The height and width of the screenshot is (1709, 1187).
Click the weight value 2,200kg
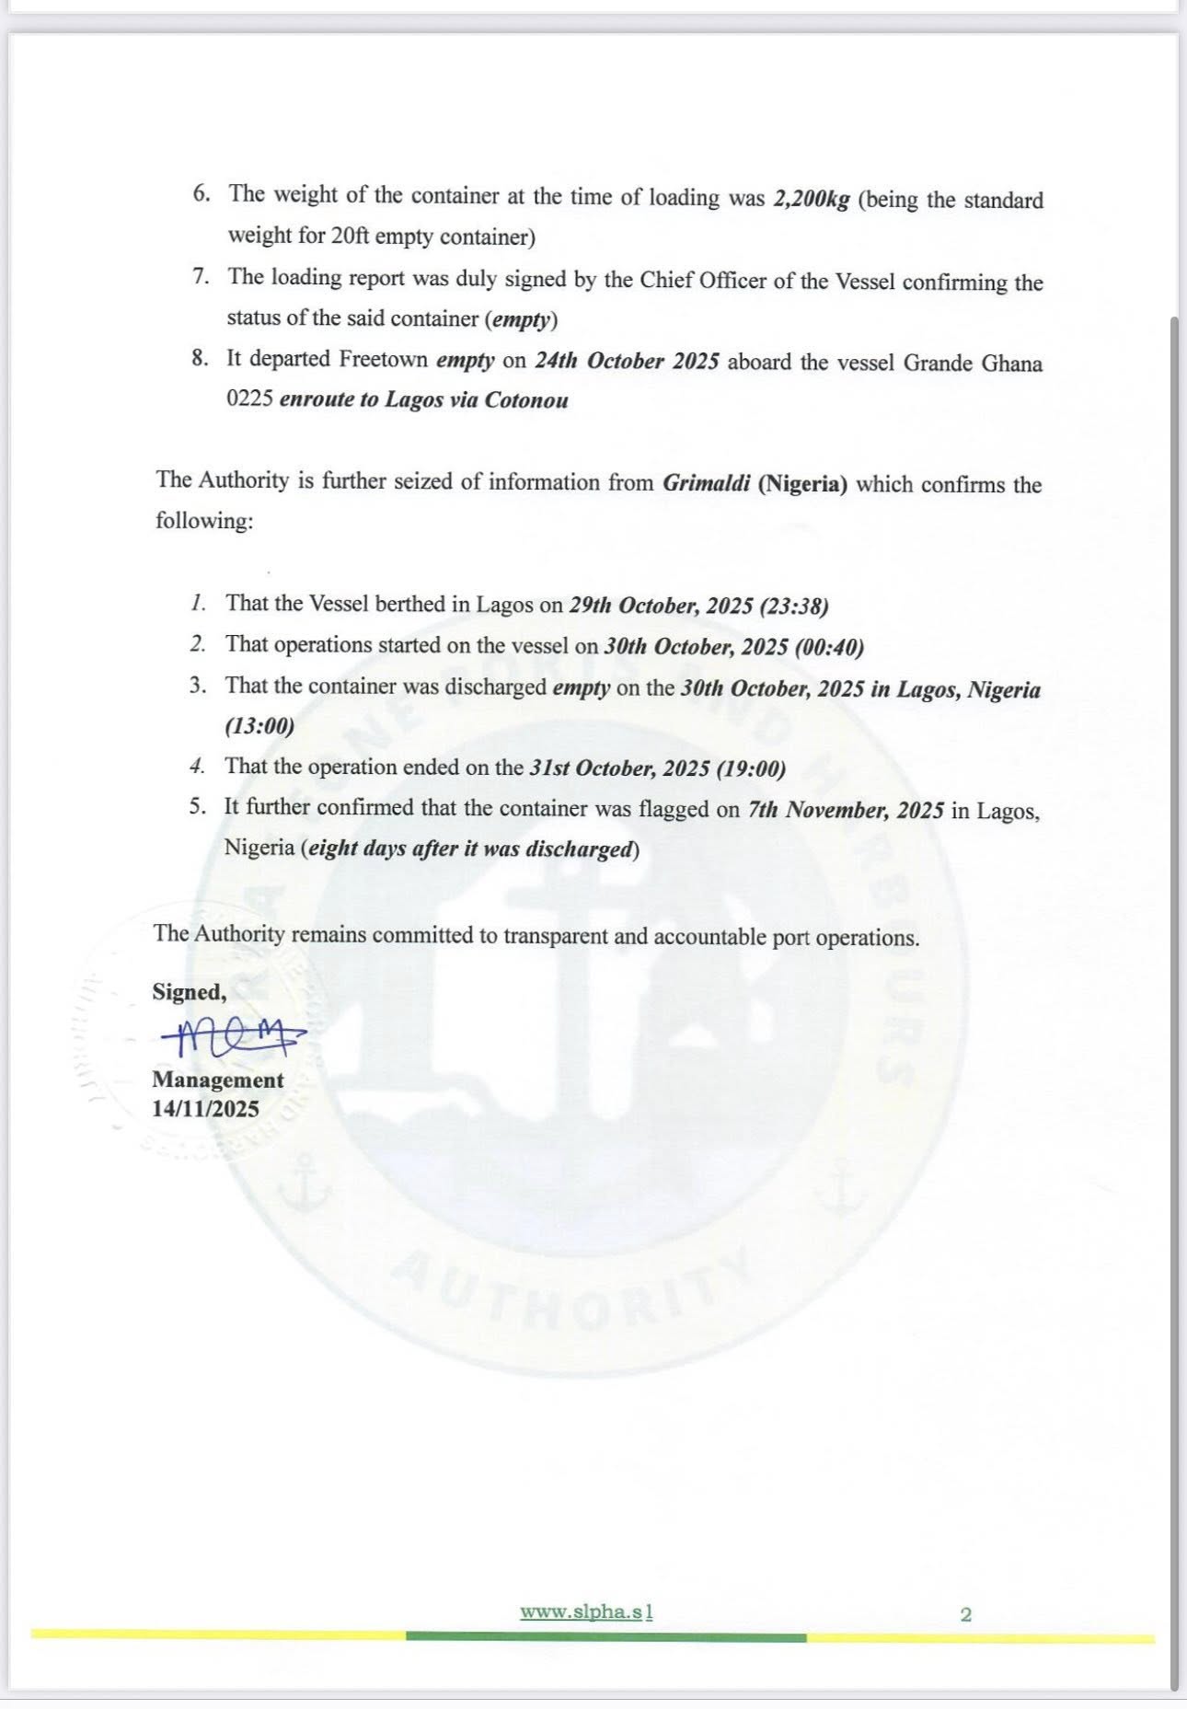[812, 199]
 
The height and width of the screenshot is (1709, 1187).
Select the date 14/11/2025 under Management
[206, 1109]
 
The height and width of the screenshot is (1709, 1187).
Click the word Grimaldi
[706, 482]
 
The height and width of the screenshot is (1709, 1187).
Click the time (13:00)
[259, 726]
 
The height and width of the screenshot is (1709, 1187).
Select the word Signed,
[189, 992]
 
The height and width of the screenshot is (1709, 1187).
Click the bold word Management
[218, 1080]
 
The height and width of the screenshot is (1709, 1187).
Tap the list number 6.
[202, 194]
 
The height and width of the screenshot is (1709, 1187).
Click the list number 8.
[200, 359]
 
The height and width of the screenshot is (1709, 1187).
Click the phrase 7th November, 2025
[846, 810]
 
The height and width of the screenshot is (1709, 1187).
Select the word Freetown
[383, 359]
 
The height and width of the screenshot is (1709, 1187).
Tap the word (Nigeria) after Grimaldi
[802, 483]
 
